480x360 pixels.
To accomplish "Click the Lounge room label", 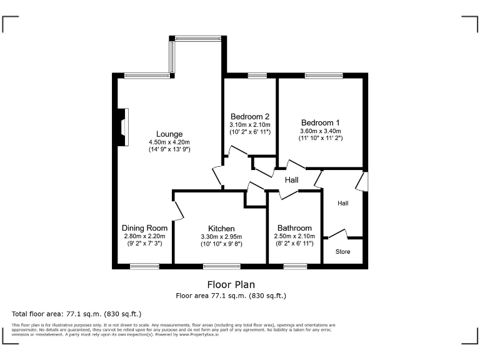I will [169, 134].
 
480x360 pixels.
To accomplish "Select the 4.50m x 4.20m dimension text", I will [169, 142].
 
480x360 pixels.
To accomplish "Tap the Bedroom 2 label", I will [250, 116].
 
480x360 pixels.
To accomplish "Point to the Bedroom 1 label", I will [321, 122].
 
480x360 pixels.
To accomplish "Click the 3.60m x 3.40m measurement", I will [321, 131].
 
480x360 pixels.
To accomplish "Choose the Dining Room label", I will [144, 228].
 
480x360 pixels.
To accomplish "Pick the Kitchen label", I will [222, 229].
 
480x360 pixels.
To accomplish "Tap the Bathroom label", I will [294, 229].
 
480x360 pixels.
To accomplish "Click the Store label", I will [342, 252].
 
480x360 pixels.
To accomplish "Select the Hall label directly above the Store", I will [343, 203].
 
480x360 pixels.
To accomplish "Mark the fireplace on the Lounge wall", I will [124, 127].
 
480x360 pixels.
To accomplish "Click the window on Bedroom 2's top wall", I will [257, 76].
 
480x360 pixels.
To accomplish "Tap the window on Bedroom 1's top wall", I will [323, 76].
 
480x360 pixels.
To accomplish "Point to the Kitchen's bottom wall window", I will [221, 267].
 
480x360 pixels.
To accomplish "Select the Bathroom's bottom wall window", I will [295, 267].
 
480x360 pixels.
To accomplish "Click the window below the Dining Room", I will [144, 267].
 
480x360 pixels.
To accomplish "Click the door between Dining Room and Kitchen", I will [179, 211].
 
